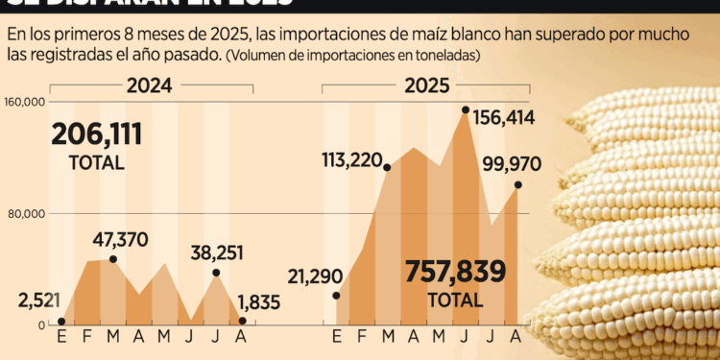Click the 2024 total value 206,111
pos(97,133)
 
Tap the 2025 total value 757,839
pos(455,272)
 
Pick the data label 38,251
pos(216,252)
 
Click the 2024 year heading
pos(149,85)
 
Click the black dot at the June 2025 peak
pos(466,110)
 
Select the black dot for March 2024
pos(113,259)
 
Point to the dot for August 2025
pos(518,184)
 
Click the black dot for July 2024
pos(216,274)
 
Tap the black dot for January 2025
pos(335,295)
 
